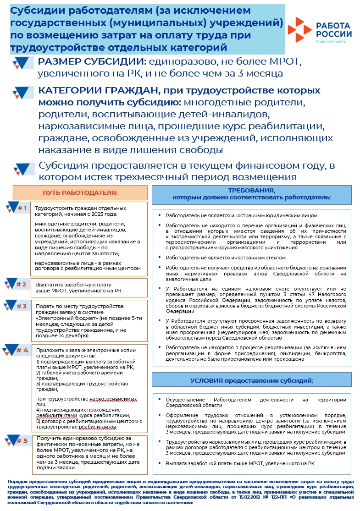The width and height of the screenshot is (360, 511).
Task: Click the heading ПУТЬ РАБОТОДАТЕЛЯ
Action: coord(80,192)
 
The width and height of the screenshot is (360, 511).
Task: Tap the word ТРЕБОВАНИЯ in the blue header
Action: coord(251,190)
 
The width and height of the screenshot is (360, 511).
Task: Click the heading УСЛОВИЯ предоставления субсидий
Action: coord(251,381)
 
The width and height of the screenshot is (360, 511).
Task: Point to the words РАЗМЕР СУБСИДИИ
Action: coord(92,61)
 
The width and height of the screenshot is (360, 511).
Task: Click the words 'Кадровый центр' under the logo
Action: coord(332,41)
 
